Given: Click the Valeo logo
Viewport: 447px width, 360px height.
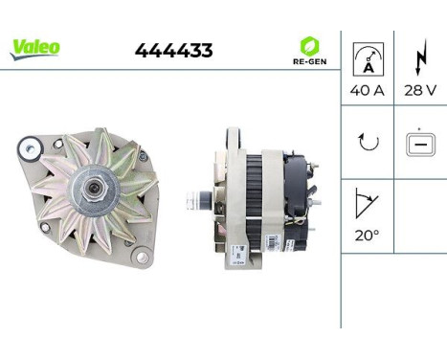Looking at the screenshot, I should (x=34, y=48).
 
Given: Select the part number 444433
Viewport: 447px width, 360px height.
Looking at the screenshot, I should (x=173, y=51).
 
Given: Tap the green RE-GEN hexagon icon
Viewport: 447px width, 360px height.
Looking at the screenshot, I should (x=308, y=45).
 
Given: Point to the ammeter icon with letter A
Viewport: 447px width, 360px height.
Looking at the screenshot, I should (x=368, y=57).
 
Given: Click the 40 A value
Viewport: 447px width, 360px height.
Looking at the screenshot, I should (x=368, y=91).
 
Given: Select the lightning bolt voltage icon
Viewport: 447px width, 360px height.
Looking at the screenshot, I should (x=420, y=57).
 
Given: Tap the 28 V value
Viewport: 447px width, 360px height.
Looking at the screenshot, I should (x=420, y=91).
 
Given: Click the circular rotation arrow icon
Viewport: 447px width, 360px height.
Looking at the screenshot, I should (x=368, y=143).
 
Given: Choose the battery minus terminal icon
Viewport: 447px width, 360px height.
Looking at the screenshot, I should (x=419, y=143).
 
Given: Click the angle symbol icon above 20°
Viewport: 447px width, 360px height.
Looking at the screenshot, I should (x=367, y=202).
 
